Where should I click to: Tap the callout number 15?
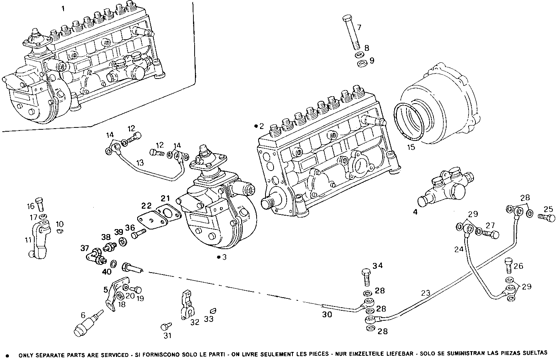pyautogui.click(x=411, y=147)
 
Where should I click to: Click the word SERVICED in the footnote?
pyautogui.click(x=114, y=353)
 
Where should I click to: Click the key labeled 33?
pyautogui.click(x=213, y=310)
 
